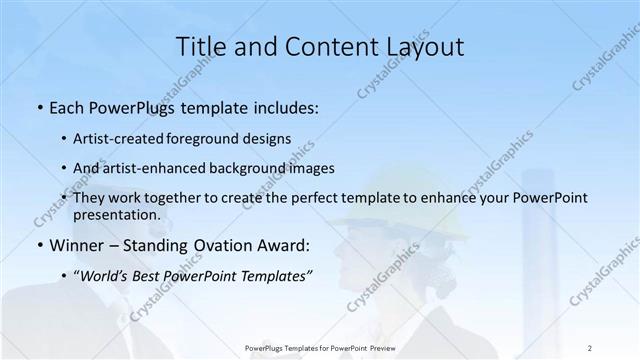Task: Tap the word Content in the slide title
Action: pos(321,46)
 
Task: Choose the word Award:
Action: pos(283,244)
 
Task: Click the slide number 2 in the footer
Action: pos(590,346)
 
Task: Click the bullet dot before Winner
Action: pos(40,245)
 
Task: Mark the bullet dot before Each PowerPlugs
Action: pos(40,107)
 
